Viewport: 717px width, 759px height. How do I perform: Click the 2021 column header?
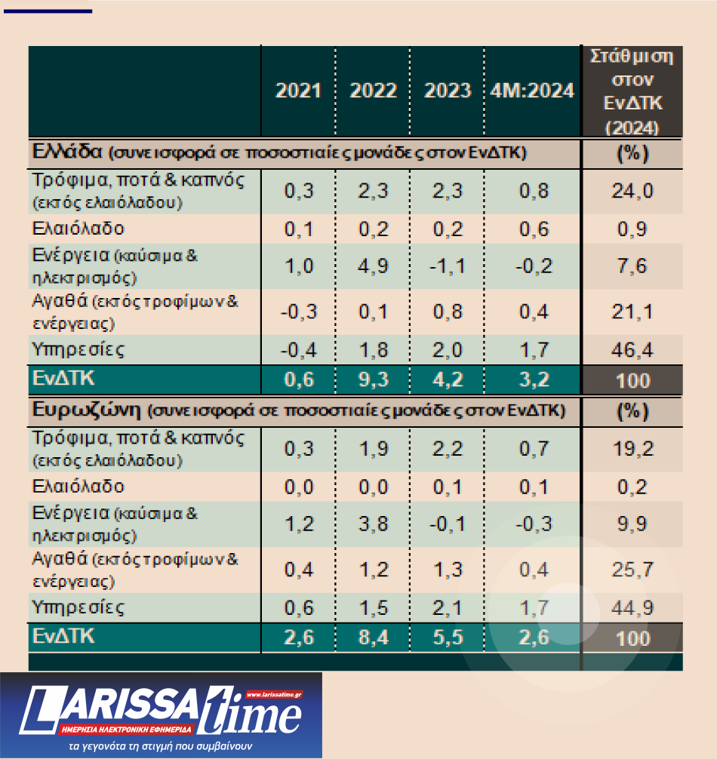[298, 91]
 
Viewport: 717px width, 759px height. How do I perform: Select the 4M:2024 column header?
[532, 91]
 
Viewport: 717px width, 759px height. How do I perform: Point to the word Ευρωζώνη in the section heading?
[88, 410]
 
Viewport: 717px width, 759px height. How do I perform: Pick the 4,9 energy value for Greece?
[373, 266]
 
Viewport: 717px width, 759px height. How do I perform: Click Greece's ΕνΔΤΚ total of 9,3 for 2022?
[373, 379]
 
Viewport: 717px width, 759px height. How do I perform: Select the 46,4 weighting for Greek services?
[632, 350]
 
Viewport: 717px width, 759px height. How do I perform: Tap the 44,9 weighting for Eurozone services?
[632, 608]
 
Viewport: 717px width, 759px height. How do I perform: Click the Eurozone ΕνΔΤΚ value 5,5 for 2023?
[448, 638]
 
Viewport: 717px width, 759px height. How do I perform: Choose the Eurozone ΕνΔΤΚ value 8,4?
[373, 638]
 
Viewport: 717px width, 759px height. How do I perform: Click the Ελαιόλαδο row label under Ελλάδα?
[78, 228]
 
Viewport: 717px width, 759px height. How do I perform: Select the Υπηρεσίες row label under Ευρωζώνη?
[78, 607]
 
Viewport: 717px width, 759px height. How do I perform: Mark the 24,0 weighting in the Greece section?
[632, 190]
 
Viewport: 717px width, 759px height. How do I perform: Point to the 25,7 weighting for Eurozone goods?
[632, 570]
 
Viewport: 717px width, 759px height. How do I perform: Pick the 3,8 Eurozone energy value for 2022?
[373, 524]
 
